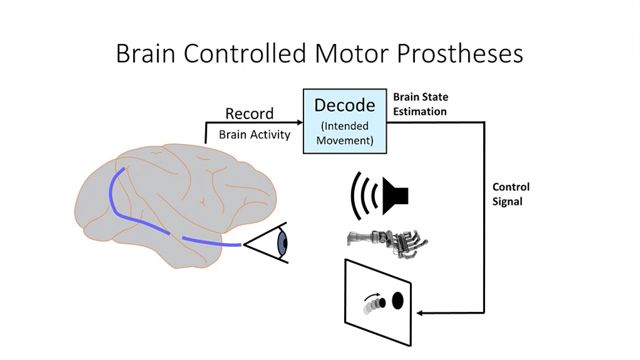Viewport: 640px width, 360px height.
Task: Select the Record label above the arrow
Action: pyautogui.click(x=249, y=114)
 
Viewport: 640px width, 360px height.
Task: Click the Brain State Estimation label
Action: pyautogui.click(x=419, y=104)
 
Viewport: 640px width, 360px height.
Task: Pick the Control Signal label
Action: pyautogui.click(x=511, y=194)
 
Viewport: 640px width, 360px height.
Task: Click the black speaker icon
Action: pyautogui.click(x=399, y=195)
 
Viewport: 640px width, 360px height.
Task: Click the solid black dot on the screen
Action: pyautogui.click(x=397, y=300)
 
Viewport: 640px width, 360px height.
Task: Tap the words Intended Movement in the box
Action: pyautogui.click(x=344, y=134)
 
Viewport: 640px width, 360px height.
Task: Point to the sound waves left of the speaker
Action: pyautogui.click(x=362, y=194)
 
